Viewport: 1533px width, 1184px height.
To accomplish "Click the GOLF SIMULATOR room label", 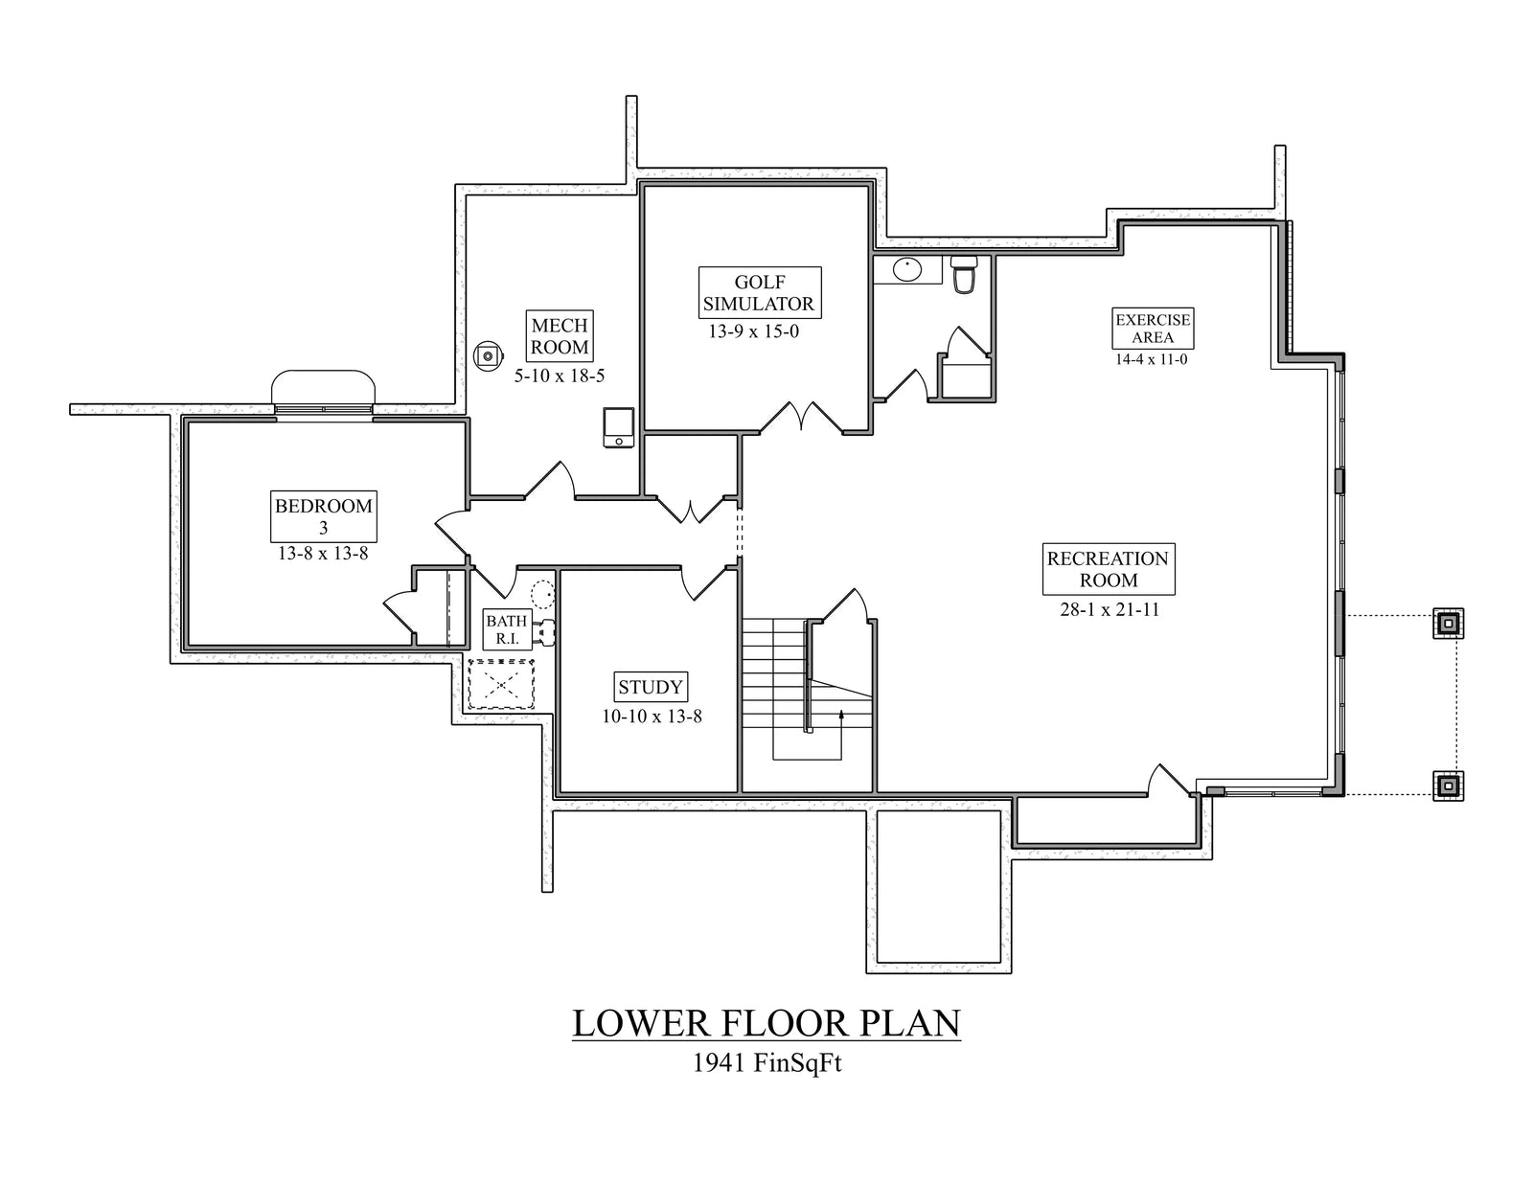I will [x=760, y=293].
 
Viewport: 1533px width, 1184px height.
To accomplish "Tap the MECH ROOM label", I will [x=560, y=336].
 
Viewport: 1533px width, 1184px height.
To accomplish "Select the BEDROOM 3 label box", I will [x=323, y=516].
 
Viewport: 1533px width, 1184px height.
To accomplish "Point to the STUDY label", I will [x=651, y=687].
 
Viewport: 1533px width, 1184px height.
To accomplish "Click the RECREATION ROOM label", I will [x=1108, y=569].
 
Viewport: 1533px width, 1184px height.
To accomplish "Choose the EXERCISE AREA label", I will [x=1153, y=329].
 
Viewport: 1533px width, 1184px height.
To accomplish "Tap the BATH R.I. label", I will [x=507, y=629].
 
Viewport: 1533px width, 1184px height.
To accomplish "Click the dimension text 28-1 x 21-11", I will [x=1110, y=609].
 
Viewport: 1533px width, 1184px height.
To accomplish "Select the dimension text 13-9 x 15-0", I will [x=753, y=332].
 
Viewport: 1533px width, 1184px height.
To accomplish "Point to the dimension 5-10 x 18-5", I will [x=560, y=376].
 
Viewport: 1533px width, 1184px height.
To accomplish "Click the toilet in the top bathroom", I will [x=964, y=273].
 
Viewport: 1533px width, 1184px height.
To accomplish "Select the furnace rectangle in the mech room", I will [x=618, y=427].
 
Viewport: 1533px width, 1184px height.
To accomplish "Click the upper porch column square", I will [x=1448, y=624].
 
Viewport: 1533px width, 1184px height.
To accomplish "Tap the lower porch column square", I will [x=1448, y=786].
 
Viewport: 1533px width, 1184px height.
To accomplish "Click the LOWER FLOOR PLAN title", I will [x=766, y=1023].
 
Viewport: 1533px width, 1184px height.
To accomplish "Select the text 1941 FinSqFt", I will [x=766, y=1063].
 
